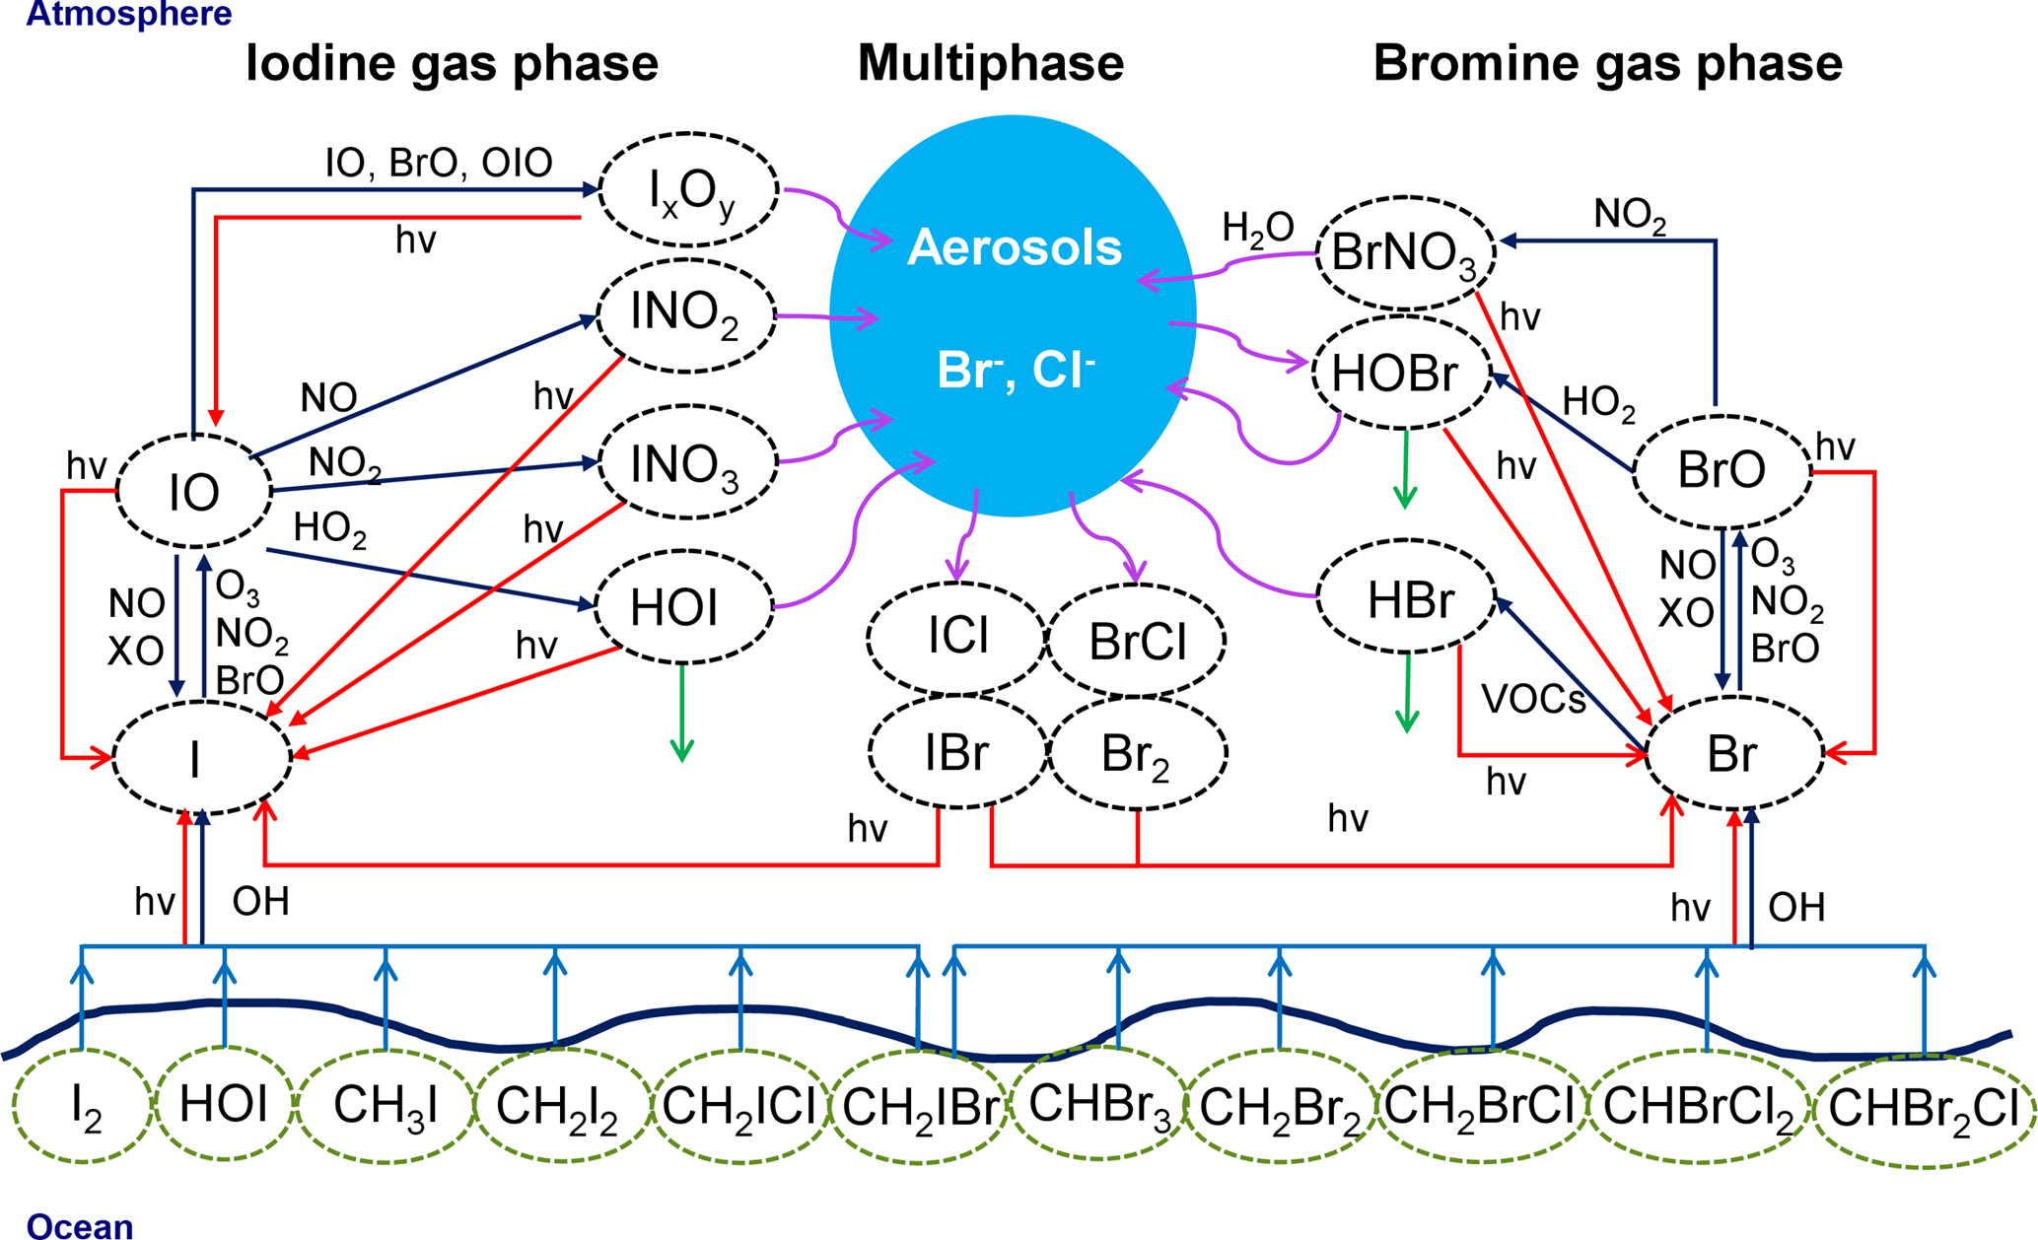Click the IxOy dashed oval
(689, 189)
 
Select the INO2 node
(686, 315)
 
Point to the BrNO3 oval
(1405, 253)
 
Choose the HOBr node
(1400, 374)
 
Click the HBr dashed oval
(1408, 597)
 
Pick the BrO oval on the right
(1722, 471)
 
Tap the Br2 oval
(1138, 754)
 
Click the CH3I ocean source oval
(386, 1106)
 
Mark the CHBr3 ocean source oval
(1098, 1104)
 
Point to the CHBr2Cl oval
(1924, 1110)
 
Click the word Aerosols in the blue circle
(1015, 247)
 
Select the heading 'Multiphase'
(990, 63)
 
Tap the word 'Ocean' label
(80, 1225)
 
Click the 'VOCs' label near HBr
(1533, 699)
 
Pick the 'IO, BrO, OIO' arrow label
(439, 163)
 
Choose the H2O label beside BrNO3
(1257, 228)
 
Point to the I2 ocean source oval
(84, 1106)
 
